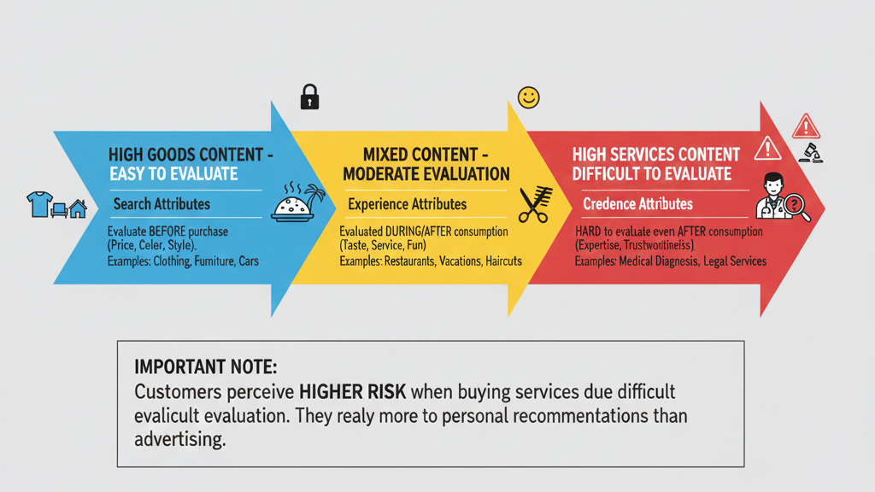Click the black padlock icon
coord(309,97)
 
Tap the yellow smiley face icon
coord(528,97)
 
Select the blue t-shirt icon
coord(39,204)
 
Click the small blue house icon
coord(78,208)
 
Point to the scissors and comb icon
coord(535,205)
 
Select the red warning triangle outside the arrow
coord(806,126)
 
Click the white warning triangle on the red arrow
coord(768,149)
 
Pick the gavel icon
coord(811,153)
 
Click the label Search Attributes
coord(161,204)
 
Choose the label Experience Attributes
coord(408,204)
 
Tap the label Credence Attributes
coord(637,204)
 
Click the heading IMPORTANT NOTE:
coord(205,367)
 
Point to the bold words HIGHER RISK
coord(353,391)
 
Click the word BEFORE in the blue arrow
coord(167,231)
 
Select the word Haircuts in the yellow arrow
coord(503,261)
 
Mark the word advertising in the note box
coord(179,440)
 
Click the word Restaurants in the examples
coord(409,261)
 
